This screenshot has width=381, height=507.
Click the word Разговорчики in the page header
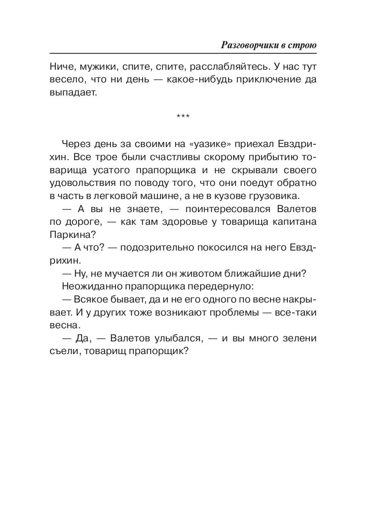point(248,46)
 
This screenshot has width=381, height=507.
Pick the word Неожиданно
point(90,286)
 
